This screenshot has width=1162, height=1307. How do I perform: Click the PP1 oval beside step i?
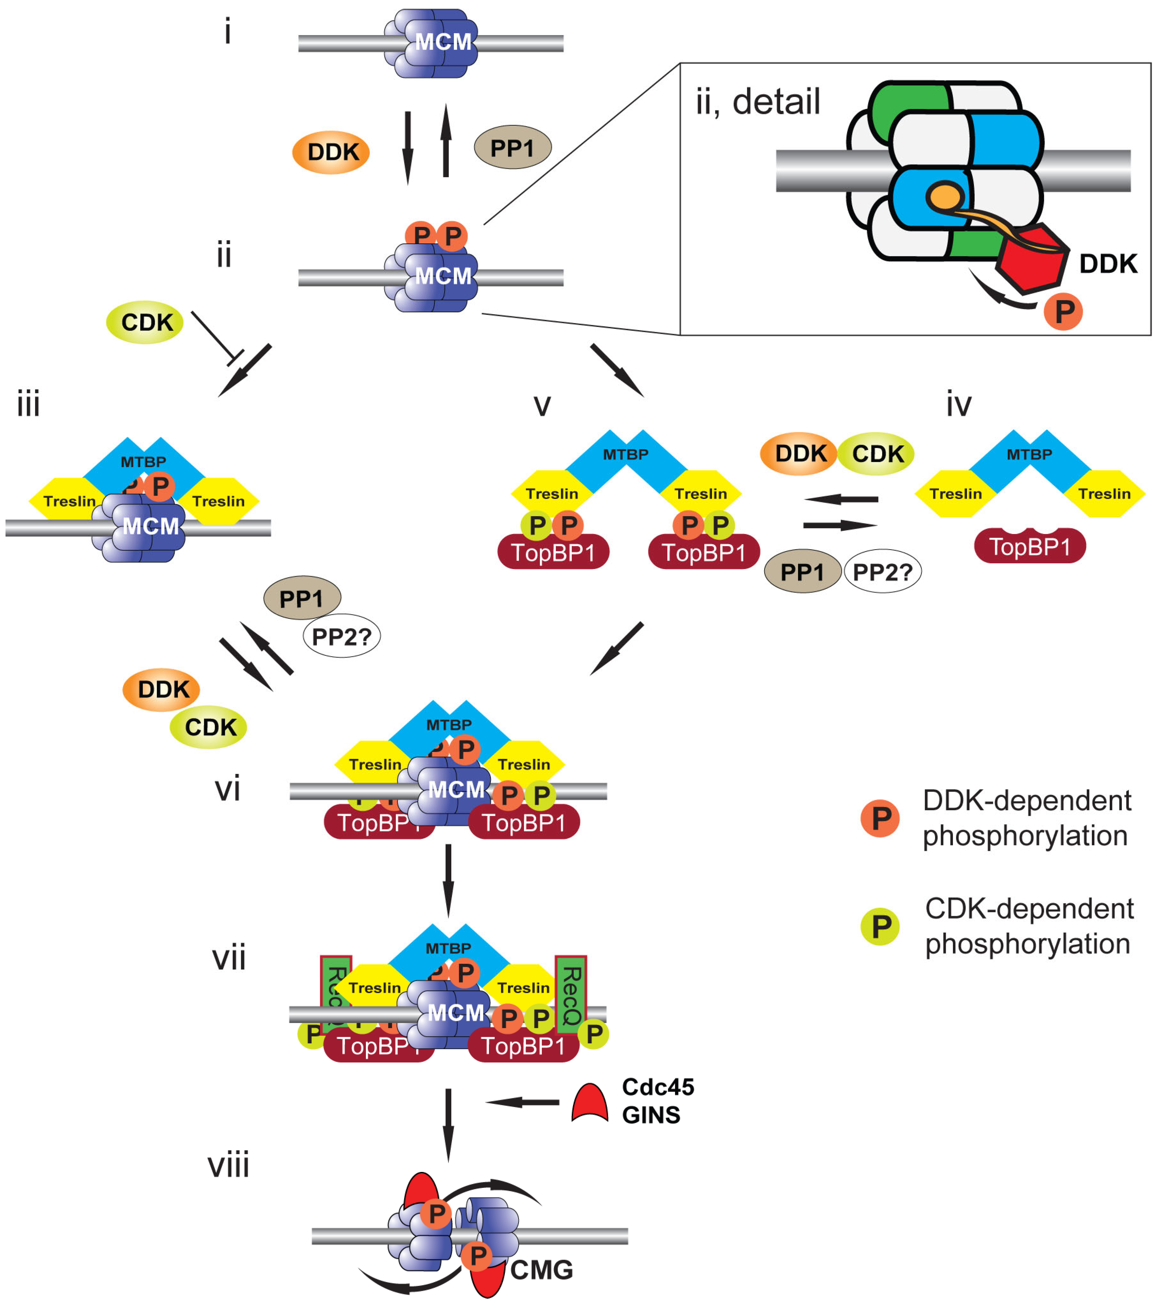click(x=512, y=148)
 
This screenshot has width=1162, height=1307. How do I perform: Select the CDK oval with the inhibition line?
click(x=145, y=322)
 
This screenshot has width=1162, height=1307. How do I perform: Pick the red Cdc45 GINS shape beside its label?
click(x=589, y=1103)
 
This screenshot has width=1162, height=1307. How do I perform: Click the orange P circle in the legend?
click(x=881, y=818)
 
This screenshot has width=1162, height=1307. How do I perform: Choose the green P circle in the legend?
click(x=881, y=927)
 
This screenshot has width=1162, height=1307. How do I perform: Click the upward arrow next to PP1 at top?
click(x=446, y=141)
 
